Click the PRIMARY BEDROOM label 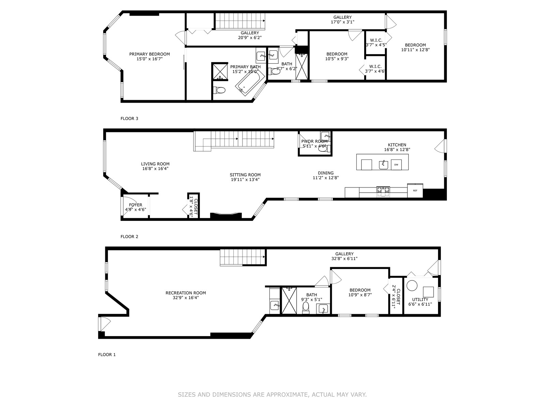(x=150, y=54)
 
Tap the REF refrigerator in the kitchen (x=415, y=191)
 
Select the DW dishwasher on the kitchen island (x=396, y=165)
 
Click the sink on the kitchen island (x=383, y=165)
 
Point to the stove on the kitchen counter (x=383, y=192)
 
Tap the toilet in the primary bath (x=219, y=90)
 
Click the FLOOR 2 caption (x=129, y=237)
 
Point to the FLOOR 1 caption (x=107, y=354)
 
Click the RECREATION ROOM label (x=186, y=293)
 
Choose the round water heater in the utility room (x=412, y=286)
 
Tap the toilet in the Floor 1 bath (x=306, y=308)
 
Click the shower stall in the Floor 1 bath (x=289, y=301)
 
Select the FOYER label (x=136, y=205)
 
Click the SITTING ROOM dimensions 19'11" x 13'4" (x=245, y=180)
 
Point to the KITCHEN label (x=397, y=145)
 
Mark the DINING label (x=326, y=173)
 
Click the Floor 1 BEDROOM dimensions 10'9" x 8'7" (x=360, y=295)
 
